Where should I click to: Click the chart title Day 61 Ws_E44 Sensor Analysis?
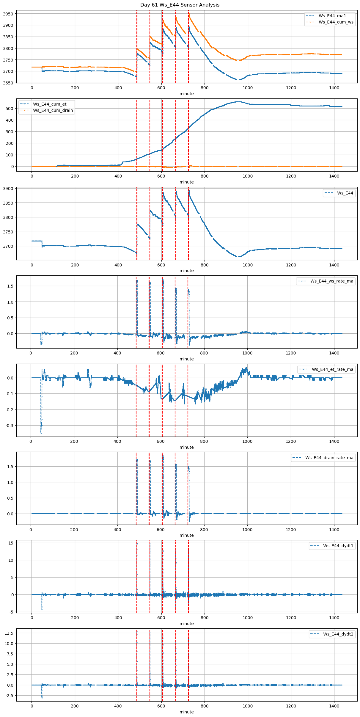180,5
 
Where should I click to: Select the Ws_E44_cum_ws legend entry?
336,22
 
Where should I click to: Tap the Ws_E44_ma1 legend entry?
332,16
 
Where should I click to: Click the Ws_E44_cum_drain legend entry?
53,110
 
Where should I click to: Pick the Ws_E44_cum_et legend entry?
50,104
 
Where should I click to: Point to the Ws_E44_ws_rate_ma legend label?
332,281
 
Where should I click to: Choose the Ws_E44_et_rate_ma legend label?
333,369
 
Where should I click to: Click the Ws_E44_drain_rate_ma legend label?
329,458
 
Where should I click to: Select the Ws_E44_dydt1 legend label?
338,546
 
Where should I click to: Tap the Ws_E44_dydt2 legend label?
338,634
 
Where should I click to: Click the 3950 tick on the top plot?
8,14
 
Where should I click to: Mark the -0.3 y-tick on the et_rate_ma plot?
10,426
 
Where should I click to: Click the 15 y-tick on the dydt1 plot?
11,543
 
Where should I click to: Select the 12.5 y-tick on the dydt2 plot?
9,633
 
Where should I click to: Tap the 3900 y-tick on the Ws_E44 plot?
8,189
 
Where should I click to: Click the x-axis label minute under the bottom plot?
186,712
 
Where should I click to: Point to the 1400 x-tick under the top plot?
334,88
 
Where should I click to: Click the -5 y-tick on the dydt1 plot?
11,612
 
